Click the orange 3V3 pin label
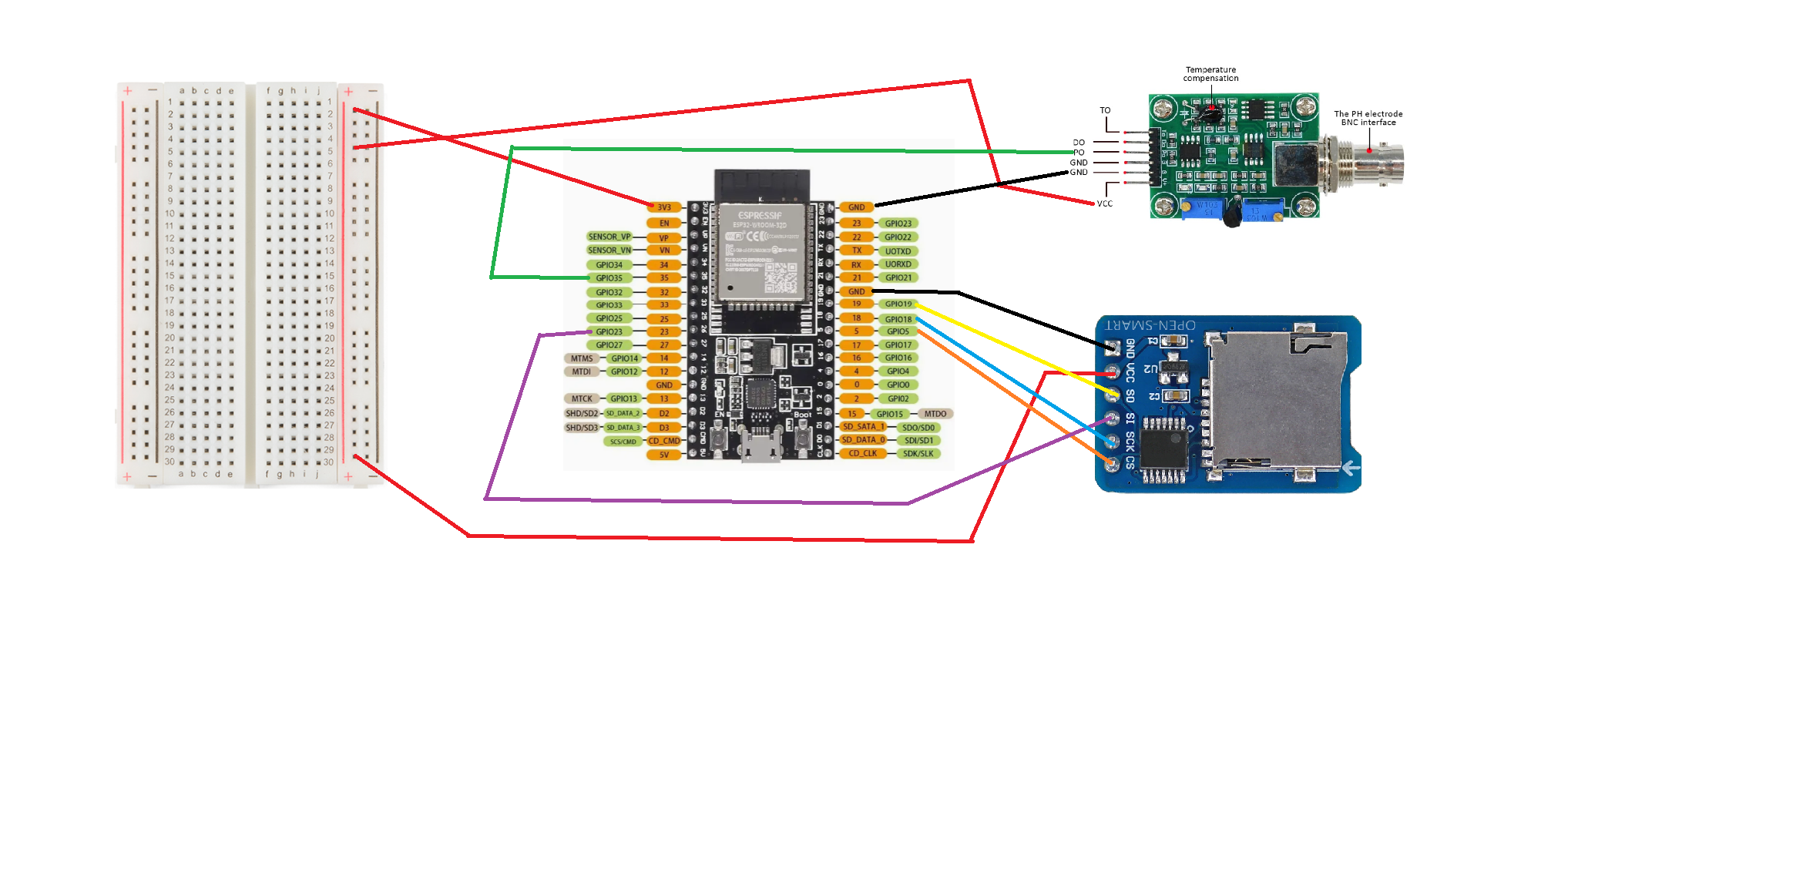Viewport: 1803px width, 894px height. [x=664, y=207]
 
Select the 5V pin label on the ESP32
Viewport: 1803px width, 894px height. [x=664, y=455]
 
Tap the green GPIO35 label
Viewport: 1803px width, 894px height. [x=609, y=278]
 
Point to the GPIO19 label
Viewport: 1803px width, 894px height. [x=898, y=304]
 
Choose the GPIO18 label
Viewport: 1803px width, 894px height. [x=898, y=319]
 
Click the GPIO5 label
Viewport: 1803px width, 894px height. [x=898, y=331]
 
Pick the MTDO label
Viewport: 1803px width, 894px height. [x=935, y=414]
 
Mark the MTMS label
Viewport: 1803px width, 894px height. [x=582, y=358]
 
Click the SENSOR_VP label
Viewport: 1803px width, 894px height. [x=609, y=237]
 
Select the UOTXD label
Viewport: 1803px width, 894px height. [x=898, y=251]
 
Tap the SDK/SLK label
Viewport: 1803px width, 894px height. [x=918, y=454]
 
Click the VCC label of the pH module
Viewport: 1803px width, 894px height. [x=1105, y=204]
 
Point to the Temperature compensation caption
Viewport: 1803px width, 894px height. [x=1210, y=74]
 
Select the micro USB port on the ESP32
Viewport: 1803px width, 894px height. [x=760, y=447]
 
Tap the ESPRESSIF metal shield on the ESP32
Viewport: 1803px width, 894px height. [x=761, y=250]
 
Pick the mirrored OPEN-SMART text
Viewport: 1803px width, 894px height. [x=1150, y=325]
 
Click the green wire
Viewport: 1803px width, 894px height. [x=771, y=150]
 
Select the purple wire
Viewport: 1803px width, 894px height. [x=693, y=501]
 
